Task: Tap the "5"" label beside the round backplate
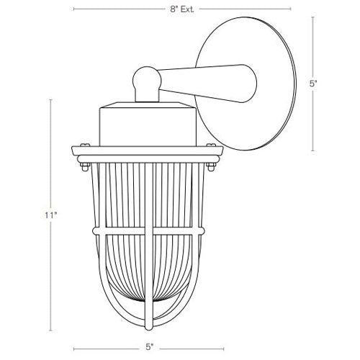pyautogui.click(x=312, y=84)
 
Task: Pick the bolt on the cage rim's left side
pyautogui.click(x=82, y=168)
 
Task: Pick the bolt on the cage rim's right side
pyautogui.click(x=212, y=168)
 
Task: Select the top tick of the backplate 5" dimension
pyautogui.click(x=312, y=17)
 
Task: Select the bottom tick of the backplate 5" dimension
pyautogui.click(x=312, y=151)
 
